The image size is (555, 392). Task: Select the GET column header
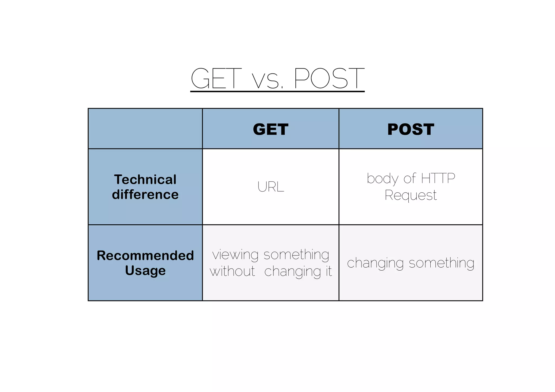coord(270,129)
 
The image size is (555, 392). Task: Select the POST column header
coord(411,129)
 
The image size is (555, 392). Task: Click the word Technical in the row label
coord(145,180)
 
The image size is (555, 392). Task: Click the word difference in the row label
coord(145,195)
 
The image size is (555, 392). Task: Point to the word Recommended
coord(145,255)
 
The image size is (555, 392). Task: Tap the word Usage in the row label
coord(145,270)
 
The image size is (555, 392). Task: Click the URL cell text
coord(271,187)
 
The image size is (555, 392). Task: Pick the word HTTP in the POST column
coord(438,179)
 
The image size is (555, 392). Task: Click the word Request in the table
coord(411,195)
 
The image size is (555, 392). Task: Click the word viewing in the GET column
coord(235,255)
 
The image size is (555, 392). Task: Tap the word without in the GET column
coord(233,271)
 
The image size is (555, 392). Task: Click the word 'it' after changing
coord(328,271)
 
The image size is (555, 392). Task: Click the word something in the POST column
coord(441,263)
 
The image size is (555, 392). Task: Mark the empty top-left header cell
coord(145,129)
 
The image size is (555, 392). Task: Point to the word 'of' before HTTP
coord(409,179)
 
